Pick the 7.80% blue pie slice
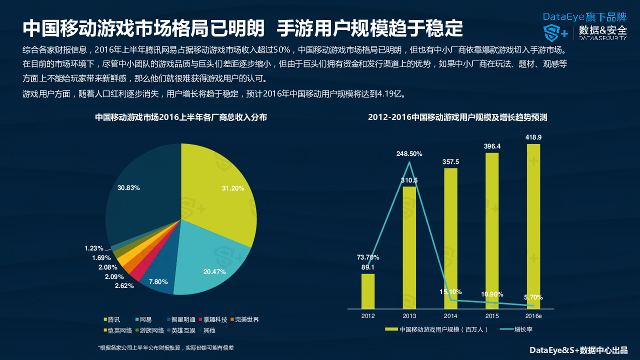pyautogui.click(x=159, y=280)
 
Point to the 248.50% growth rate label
pyautogui.click(x=409, y=154)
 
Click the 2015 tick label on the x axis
pyautogui.click(x=492, y=316)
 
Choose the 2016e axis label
pyautogui.click(x=533, y=316)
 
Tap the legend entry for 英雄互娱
pyautogui.click(x=180, y=330)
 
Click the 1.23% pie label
pyautogui.click(x=93, y=248)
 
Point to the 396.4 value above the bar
pyautogui.click(x=492, y=146)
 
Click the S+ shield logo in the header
pyautogui.click(x=555, y=32)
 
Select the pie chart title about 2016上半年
pyautogui.click(x=181, y=117)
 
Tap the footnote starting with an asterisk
pyautogui.click(x=166, y=347)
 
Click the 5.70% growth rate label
pyautogui.click(x=533, y=297)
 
